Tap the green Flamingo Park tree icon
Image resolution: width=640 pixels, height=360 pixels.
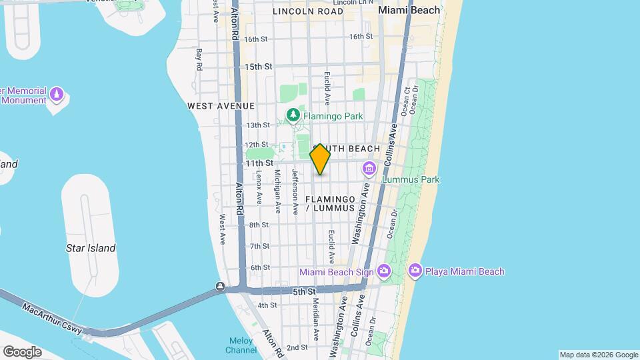293,115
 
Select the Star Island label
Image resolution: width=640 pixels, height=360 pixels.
91,248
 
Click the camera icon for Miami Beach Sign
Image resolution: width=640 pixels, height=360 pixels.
383,271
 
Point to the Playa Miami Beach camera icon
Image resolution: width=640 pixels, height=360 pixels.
415,271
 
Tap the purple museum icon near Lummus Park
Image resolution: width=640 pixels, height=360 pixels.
369,169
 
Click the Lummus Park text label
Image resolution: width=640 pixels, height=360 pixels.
411,179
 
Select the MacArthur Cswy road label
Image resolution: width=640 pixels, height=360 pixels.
51,319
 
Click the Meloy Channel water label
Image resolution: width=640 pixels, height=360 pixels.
241,345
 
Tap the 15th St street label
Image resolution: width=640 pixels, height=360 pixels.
259,67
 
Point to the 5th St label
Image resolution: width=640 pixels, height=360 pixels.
303,291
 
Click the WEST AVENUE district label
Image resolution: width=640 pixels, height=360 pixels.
221,106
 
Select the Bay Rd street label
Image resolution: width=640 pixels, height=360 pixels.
199,59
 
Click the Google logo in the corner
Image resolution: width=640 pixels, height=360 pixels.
22,351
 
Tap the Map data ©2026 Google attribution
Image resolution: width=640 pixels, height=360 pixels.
599,355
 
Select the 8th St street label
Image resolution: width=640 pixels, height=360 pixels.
259,225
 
